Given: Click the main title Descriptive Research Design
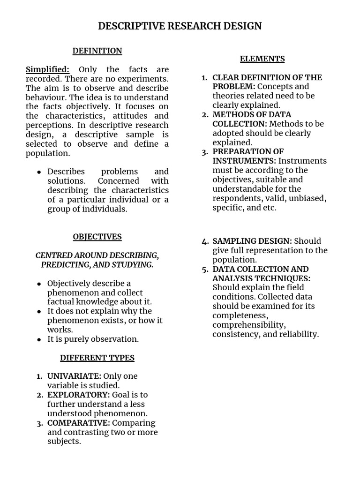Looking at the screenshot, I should (180, 26).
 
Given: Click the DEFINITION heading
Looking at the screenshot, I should (97, 51).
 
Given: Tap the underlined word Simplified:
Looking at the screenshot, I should (47, 69).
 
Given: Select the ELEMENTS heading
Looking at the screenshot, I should (262, 59).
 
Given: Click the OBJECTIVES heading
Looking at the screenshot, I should (97, 237).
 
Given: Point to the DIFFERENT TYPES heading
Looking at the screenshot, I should (97, 358).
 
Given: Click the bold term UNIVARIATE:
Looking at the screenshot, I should (74, 376).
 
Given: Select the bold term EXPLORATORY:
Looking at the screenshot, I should (78, 395).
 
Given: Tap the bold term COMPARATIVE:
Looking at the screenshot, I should (79, 423).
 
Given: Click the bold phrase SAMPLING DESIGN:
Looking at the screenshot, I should (252, 241).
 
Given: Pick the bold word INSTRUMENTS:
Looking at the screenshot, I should (244, 161).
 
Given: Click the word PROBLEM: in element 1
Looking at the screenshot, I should (233, 87).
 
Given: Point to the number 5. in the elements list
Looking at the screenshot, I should (205, 270).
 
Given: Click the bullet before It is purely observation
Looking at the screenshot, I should (39, 339).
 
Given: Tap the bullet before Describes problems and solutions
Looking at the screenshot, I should (39, 172).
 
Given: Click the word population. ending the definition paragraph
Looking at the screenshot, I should (48, 153).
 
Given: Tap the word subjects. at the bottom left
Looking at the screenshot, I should (64, 442).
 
